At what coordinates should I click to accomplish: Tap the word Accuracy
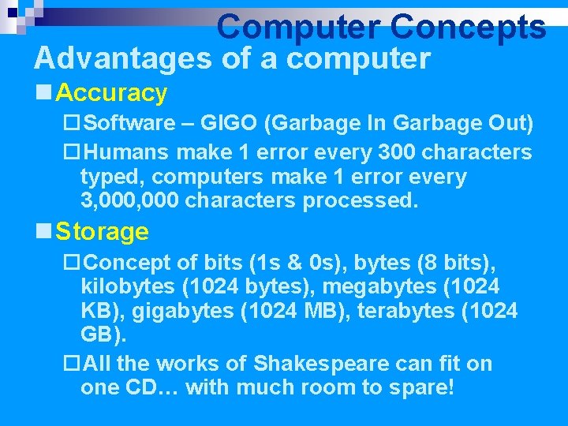tap(112, 93)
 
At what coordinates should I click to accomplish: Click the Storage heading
tap(103, 232)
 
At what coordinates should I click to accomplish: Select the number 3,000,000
tap(129, 200)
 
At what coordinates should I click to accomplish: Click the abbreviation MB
tap(323, 311)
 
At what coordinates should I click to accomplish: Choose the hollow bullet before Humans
tap(72, 151)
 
